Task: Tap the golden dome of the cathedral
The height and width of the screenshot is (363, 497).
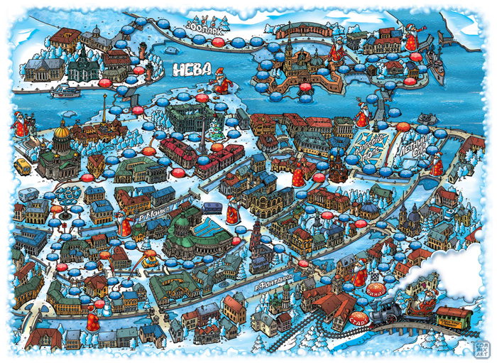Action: click(x=62, y=131)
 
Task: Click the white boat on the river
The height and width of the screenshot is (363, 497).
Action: click(x=66, y=90)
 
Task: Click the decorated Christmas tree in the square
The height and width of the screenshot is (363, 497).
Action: click(x=214, y=129)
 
